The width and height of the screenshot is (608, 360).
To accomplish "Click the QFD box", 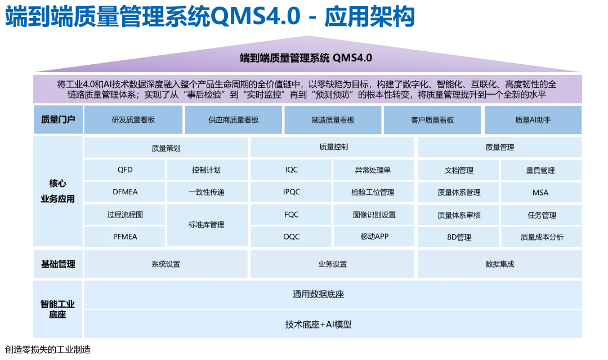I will point(125,170).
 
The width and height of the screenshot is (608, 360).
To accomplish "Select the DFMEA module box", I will point(125,192).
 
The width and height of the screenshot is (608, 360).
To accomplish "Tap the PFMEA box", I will point(125,237).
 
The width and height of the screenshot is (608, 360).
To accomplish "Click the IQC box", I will point(291,170).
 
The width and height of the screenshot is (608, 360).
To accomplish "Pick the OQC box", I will point(291,237).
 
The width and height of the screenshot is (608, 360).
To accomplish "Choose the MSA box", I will point(540,192).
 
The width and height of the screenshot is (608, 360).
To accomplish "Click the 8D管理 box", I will point(458,237).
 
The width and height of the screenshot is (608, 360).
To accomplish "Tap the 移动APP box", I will point(374,237).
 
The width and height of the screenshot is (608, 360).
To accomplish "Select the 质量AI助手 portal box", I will point(533,120).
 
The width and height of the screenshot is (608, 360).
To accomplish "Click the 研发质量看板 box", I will point(133,120).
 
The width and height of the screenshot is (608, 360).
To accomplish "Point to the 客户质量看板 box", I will point(432,120).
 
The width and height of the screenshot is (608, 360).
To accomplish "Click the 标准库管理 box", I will point(207,225).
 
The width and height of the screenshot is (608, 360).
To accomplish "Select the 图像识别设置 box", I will point(374,215).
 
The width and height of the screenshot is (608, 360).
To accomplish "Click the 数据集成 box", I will point(499,264).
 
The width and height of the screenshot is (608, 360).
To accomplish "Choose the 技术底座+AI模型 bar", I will point(333,325).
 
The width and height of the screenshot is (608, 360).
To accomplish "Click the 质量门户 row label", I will point(58,119).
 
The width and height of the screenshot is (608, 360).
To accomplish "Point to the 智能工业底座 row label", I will point(57,309).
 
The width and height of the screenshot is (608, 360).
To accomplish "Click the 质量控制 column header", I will point(333,147).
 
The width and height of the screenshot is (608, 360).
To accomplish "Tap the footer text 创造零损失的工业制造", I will point(48,350).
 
